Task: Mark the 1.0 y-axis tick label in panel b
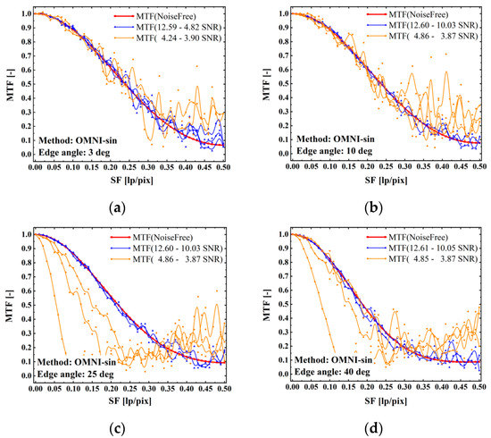[x=281, y=14]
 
